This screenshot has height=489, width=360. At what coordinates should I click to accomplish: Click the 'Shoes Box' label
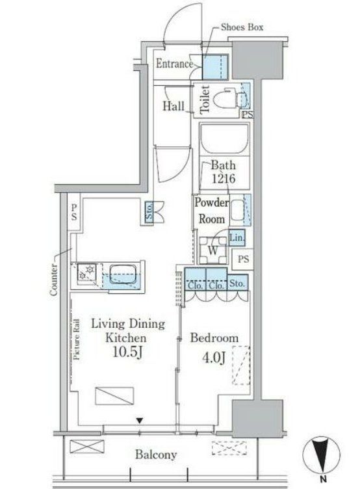[x=242, y=27]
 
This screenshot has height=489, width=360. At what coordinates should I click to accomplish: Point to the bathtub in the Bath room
[x=224, y=139]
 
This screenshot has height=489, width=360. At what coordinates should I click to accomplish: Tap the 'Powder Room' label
[x=211, y=211]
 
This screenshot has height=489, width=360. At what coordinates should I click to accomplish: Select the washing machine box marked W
[x=212, y=248]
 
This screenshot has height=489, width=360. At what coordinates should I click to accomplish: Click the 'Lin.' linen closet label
[x=237, y=239]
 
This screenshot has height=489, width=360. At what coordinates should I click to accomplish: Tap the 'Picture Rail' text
[x=76, y=338]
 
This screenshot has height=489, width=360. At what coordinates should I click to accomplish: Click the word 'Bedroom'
[x=214, y=339]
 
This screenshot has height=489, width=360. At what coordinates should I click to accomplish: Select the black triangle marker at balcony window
[x=139, y=420]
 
